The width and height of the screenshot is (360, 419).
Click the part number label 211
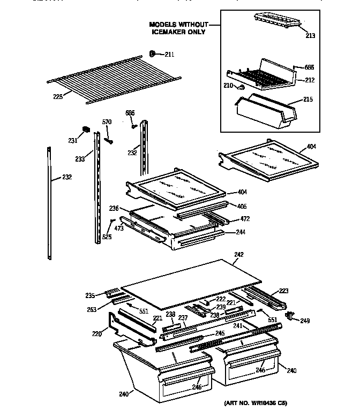pos(169,54)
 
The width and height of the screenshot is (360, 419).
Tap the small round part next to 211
pos(152,54)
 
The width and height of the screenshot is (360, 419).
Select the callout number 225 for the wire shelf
pos(58,97)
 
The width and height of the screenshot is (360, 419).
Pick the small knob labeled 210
pos(242,87)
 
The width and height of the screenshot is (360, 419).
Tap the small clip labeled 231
pos(85,129)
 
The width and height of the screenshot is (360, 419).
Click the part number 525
pos(107,237)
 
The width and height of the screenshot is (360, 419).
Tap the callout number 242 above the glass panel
pos(239,254)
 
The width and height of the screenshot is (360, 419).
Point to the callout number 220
pos(96,333)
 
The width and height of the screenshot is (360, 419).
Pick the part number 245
pos(220,333)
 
